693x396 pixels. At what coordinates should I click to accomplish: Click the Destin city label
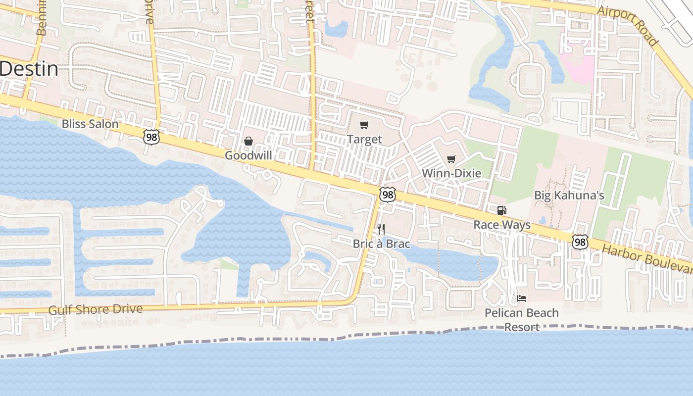pyautogui.click(x=29, y=69)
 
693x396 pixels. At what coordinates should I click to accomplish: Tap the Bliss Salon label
pyautogui.click(x=90, y=124)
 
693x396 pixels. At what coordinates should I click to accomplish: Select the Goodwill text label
pyautogui.click(x=248, y=155)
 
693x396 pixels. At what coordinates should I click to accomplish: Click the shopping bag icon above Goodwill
pyautogui.click(x=248, y=142)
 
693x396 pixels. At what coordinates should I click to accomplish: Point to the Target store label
pyautogui.click(x=364, y=139)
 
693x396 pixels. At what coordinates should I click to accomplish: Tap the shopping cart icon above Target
pyautogui.click(x=364, y=125)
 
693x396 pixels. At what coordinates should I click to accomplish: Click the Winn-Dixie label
pyautogui.click(x=451, y=173)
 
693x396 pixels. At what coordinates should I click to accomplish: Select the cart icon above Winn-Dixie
pyautogui.click(x=451, y=159)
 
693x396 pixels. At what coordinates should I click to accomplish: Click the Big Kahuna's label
pyautogui.click(x=569, y=195)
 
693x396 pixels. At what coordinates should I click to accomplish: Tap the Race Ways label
pyautogui.click(x=502, y=225)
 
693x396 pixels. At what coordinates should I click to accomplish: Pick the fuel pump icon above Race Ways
pyautogui.click(x=502, y=210)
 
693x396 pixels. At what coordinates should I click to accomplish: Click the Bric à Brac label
pyautogui.click(x=381, y=244)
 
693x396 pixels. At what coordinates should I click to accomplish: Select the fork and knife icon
pyautogui.click(x=381, y=229)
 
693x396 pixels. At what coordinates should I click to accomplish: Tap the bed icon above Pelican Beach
pyautogui.click(x=522, y=298)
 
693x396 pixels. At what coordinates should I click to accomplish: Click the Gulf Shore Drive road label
pyautogui.click(x=96, y=309)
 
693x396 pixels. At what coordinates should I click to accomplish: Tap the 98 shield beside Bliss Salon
pyautogui.click(x=151, y=137)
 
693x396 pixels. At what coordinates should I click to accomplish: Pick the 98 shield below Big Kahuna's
pyautogui.click(x=580, y=242)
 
